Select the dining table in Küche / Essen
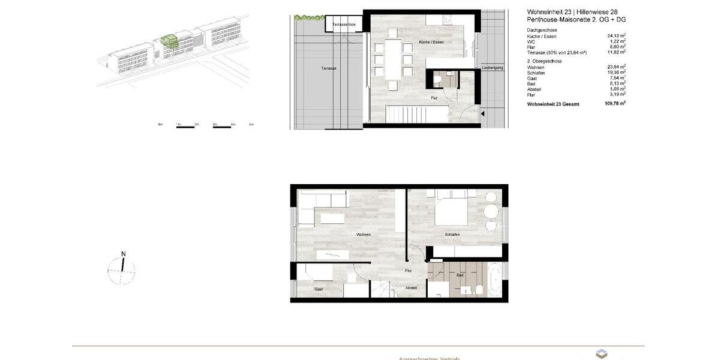[x=393, y=59]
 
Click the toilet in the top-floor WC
[x=438, y=79]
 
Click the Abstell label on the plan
[x=411, y=288]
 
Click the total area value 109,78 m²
[x=615, y=104]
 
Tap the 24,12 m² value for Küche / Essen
[x=616, y=36]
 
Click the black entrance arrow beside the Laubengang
[x=484, y=112]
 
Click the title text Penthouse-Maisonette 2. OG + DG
[x=576, y=20]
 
